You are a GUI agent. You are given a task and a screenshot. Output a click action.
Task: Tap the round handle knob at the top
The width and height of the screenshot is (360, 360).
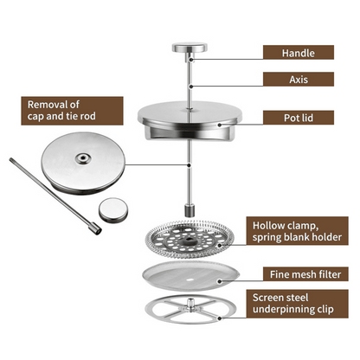pyautogui.click(x=189, y=48)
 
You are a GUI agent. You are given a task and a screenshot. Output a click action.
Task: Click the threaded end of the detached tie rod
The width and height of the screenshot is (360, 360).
pyautogui.click(x=93, y=228)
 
